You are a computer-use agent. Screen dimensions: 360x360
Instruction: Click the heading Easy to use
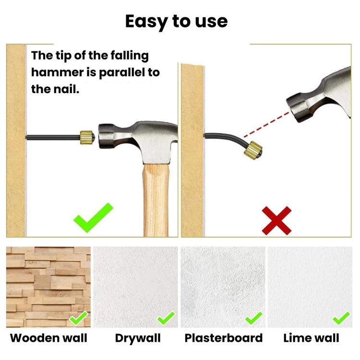tap(176, 22)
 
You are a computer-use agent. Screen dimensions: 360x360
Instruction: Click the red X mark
tap(276, 220)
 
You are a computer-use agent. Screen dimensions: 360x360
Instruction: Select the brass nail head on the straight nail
tap(87, 138)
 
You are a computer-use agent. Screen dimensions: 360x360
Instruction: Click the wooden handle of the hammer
tap(156, 200)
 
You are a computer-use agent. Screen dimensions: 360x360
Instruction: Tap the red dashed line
tap(266, 125)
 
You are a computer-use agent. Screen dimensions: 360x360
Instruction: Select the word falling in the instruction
tap(130, 56)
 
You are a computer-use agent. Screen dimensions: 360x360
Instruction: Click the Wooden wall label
tap(48, 338)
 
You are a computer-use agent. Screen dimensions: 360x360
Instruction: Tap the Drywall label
tap(138, 338)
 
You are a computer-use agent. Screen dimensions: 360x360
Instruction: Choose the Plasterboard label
tap(224, 338)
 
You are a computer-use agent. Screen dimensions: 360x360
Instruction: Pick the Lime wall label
tap(312, 338)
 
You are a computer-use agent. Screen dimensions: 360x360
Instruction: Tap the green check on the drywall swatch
tap(166, 319)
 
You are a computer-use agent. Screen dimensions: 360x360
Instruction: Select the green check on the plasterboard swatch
tap(253, 319)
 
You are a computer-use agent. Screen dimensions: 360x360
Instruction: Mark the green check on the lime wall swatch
tap(341, 319)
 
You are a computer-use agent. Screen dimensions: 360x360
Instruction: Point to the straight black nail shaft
tap(53, 138)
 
